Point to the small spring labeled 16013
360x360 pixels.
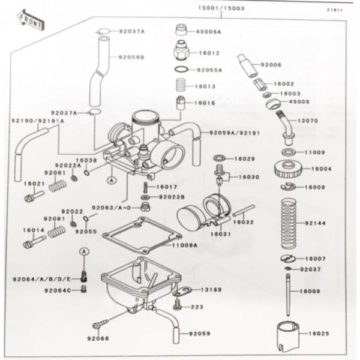pyautogui.click(x=180, y=86)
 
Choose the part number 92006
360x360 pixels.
pyautogui.click(x=271, y=64)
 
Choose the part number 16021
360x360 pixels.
pyautogui.click(x=34, y=184)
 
